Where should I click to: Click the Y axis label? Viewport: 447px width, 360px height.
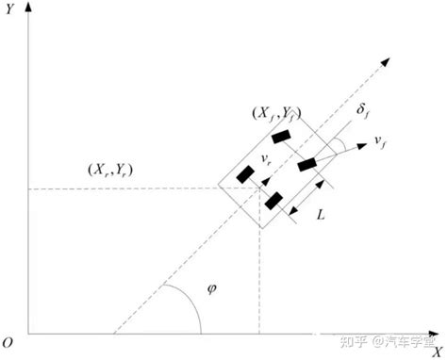10,9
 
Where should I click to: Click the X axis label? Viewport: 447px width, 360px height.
437,352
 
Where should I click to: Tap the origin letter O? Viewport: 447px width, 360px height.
8,342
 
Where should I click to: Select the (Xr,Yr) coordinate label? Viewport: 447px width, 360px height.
110,171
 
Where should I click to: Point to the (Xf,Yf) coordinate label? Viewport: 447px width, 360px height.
276,114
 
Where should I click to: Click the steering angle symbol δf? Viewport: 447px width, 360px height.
362,111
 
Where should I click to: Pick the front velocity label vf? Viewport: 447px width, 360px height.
380,142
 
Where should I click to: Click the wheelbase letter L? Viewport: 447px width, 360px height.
321,215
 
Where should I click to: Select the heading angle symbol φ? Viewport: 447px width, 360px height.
212,289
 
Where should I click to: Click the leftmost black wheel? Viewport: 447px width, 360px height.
245,174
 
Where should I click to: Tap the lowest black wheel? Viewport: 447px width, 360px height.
273,201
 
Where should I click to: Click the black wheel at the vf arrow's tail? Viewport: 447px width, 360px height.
306,165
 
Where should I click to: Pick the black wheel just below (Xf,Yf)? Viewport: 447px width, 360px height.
281,137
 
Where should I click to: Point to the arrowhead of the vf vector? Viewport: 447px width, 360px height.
362,146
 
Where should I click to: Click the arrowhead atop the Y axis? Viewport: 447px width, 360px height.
28,7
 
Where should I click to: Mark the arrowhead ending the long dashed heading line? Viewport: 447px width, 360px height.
386,61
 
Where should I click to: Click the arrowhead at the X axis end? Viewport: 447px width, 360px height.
434,334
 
